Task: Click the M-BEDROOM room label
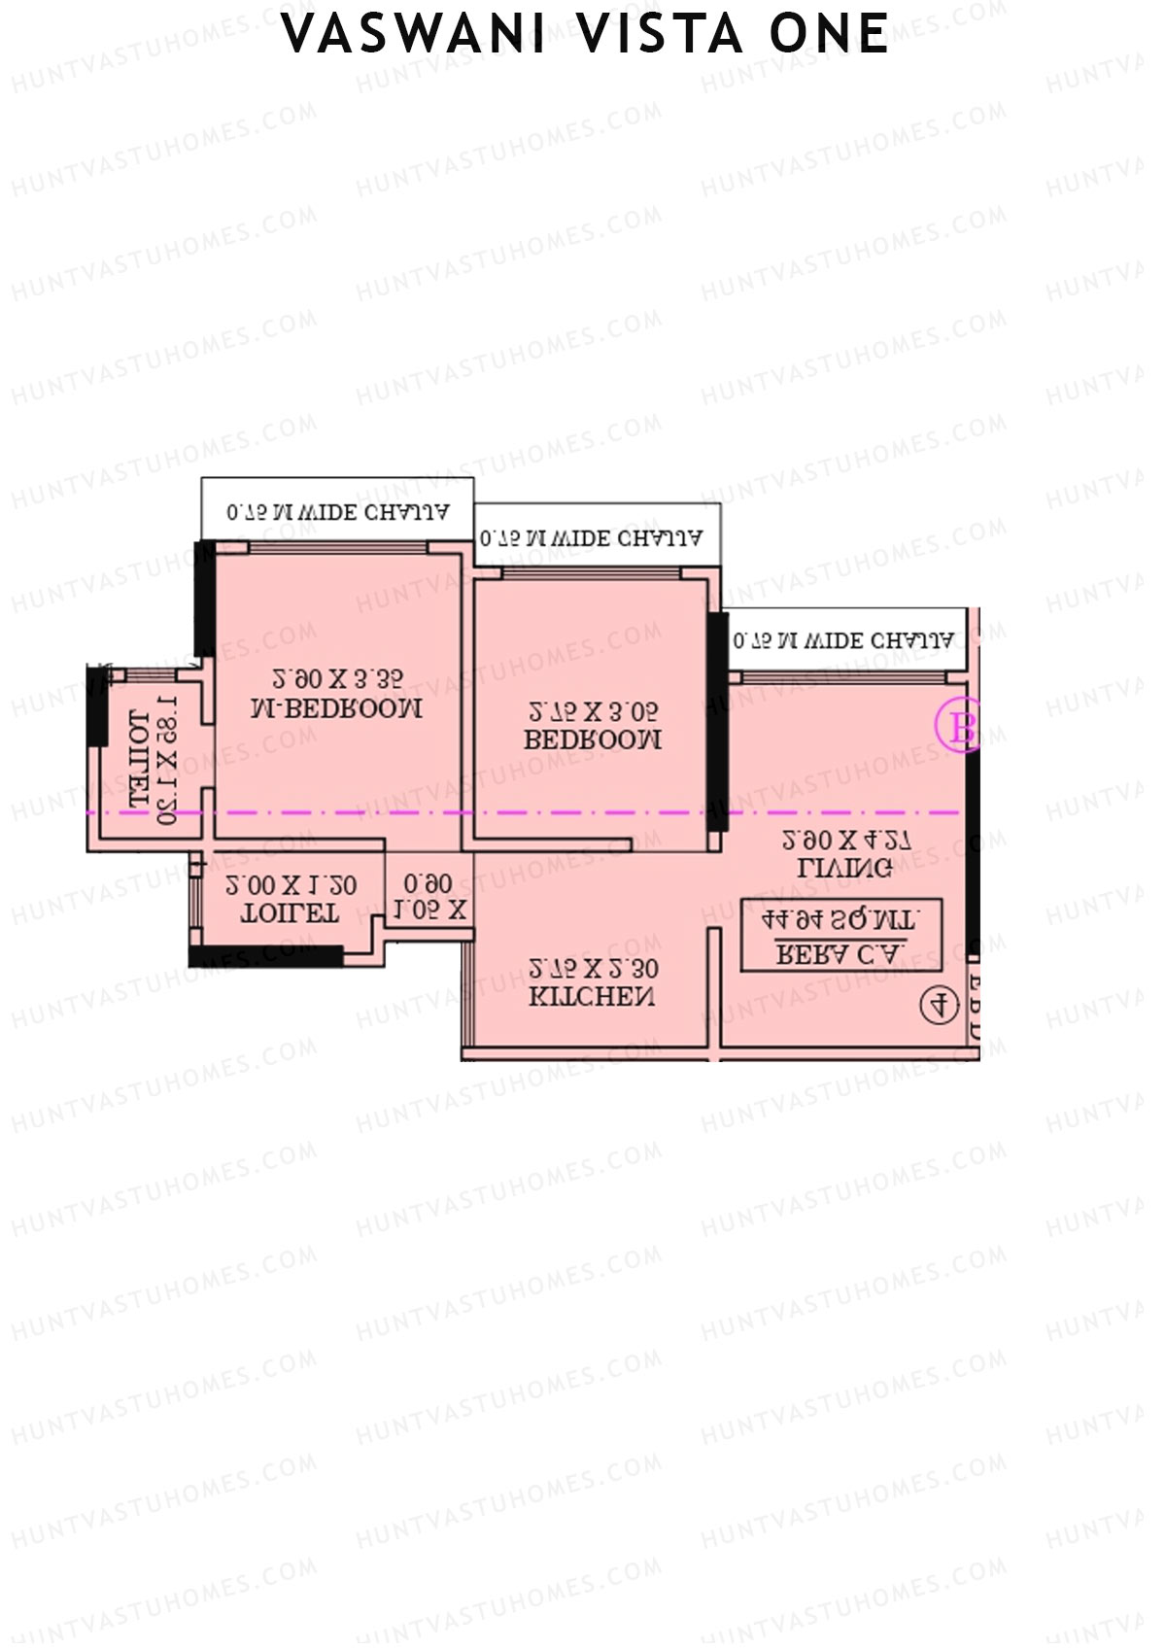[x=336, y=708]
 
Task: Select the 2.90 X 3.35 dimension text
[x=336, y=677]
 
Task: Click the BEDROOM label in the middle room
[x=593, y=739]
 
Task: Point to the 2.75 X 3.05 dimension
[x=593, y=710]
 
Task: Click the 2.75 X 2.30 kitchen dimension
[x=593, y=968]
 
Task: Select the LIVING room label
[x=844, y=868]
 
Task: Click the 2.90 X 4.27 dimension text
[x=846, y=840]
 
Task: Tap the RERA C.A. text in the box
[x=841, y=953]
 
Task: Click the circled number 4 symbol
[x=939, y=1004]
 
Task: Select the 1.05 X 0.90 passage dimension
[x=429, y=897]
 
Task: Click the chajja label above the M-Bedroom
[x=337, y=511]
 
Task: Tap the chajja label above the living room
[x=843, y=640]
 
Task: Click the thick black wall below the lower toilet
[x=265, y=956]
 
